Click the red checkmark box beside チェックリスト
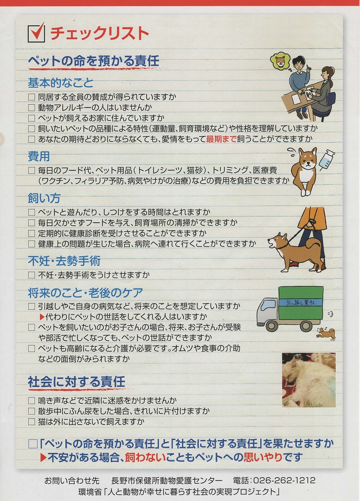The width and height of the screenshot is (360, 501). [x=36, y=32]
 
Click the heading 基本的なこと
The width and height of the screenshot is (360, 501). [x=61, y=83]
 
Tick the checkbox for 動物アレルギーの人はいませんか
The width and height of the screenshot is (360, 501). [x=31, y=107]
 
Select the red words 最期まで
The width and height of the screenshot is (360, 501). [x=221, y=139]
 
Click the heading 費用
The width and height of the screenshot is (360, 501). [x=39, y=156]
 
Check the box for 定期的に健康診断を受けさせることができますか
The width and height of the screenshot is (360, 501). [x=31, y=233]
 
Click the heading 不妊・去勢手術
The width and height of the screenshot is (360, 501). [x=64, y=261]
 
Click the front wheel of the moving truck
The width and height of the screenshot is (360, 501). [x=272, y=326]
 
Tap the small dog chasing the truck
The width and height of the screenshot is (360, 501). [x=326, y=334]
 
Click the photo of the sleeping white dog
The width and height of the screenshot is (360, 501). [x=309, y=380]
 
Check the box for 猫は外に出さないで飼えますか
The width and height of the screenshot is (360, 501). [x=31, y=422]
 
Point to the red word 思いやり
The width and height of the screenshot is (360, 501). [x=263, y=457]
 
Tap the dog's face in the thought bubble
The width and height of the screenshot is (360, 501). [x=280, y=61]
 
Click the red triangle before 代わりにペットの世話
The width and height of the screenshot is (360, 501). [x=42, y=317]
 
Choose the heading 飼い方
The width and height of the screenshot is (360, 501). [x=44, y=198]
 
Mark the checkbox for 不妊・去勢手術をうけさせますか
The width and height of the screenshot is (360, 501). [x=31, y=275]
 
